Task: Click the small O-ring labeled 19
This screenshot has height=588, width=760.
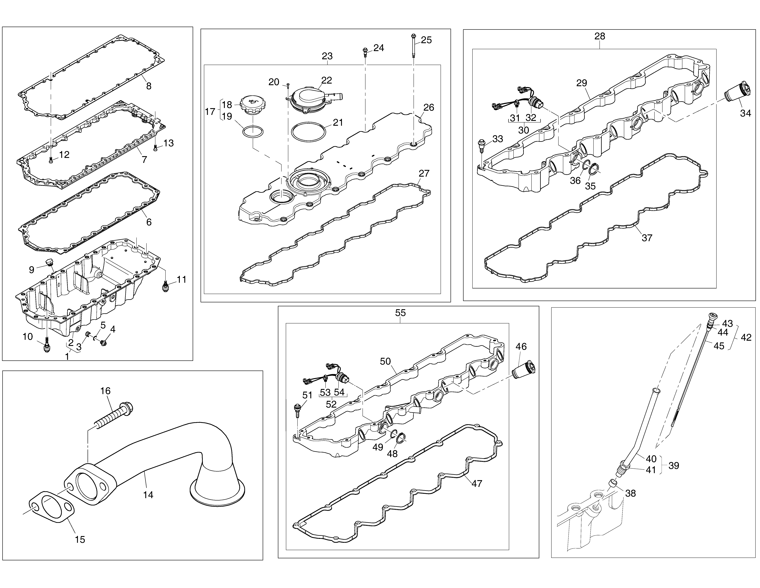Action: (x=253, y=132)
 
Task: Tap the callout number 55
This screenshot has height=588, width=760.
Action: (x=401, y=313)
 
